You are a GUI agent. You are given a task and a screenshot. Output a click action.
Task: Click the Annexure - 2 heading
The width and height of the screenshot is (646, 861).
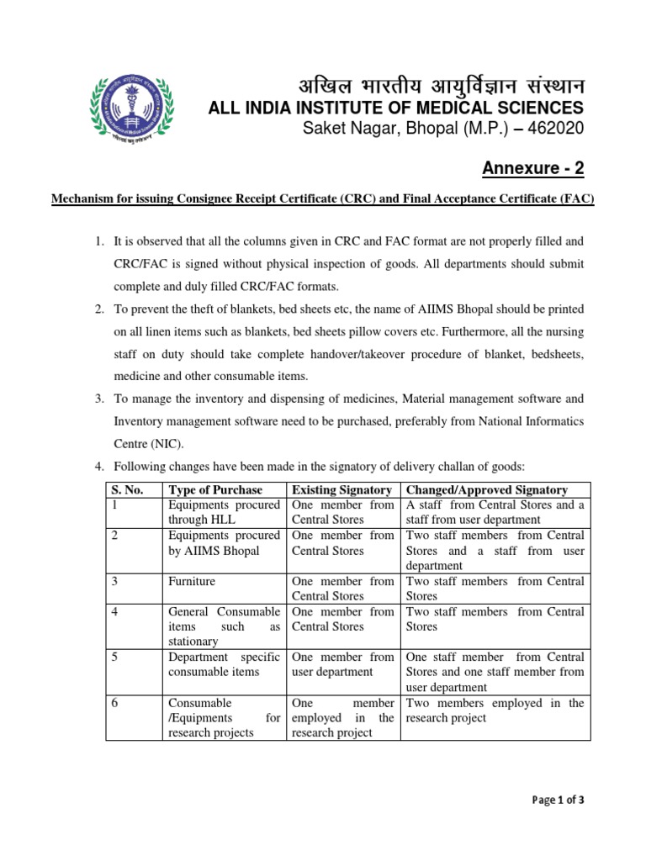coord(532,168)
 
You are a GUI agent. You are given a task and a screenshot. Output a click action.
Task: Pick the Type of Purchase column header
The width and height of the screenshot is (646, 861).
coord(215,490)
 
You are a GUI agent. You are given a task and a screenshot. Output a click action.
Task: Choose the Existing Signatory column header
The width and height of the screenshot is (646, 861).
coord(341,490)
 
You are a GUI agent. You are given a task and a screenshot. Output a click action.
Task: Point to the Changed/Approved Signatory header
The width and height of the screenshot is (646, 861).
coord(486,490)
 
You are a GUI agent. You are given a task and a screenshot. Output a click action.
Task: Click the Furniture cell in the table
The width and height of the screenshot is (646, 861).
coord(192,581)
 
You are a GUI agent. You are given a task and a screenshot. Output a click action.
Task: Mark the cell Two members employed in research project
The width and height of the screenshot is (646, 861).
coord(495,710)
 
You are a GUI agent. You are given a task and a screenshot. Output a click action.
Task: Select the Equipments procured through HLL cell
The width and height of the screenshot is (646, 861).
coord(224,512)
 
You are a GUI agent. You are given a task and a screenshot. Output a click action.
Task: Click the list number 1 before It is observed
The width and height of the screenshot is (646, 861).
coord(98,242)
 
